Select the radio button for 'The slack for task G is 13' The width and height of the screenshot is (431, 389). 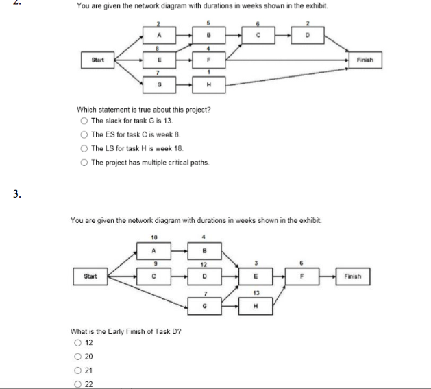point(82,121)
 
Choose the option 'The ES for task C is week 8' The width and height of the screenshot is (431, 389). point(82,135)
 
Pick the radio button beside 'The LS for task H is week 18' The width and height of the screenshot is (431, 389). point(82,149)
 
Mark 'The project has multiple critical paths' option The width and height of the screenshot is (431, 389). point(82,163)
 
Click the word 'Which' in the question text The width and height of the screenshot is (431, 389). point(85,109)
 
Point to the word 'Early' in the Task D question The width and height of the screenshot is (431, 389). point(112,330)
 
